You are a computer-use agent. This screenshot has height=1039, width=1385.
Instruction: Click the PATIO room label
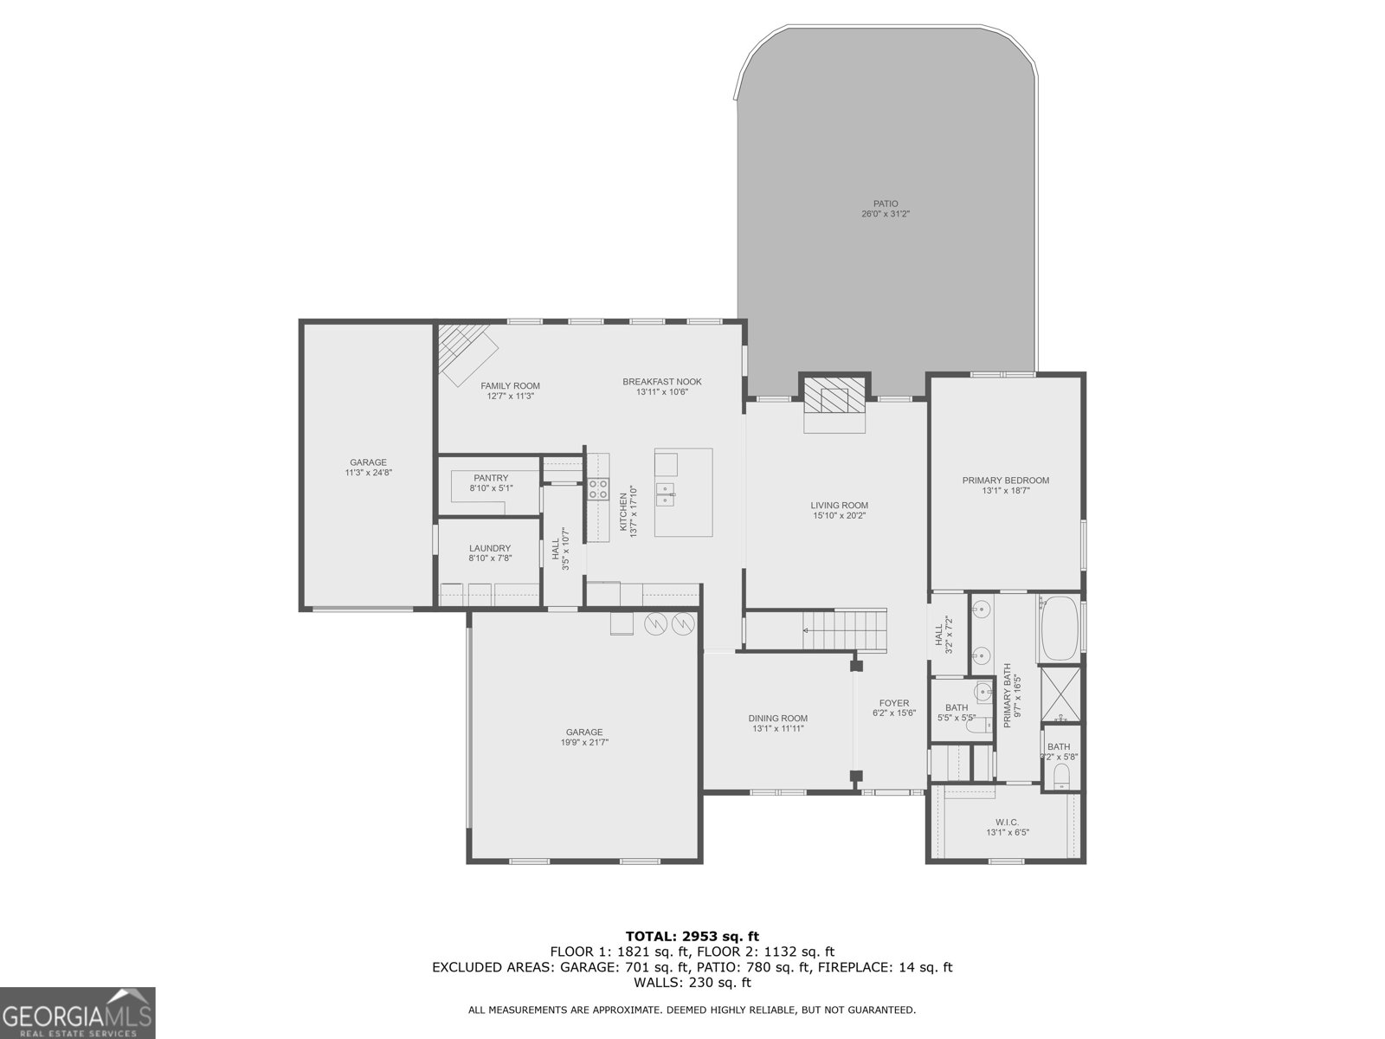[x=885, y=204]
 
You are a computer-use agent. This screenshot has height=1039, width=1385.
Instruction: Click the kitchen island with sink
[x=683, y=493]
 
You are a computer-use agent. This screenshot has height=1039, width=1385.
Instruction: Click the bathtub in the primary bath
[x=1060, y=628]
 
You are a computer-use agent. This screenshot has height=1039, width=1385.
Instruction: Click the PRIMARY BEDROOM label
[x=1005, y=481]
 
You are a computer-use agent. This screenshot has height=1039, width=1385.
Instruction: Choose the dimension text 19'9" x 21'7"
[x=584, y=742]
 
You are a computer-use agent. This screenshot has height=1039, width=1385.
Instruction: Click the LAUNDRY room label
[x=489, y=548]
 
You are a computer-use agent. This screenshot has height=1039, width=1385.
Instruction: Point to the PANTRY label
[x=491, y=478]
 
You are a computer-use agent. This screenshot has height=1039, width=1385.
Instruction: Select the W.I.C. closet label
[x=1007, y=822]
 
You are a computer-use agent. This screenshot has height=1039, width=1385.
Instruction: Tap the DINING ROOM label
[x=777, y=718]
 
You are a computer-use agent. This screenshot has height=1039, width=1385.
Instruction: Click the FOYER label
[x=893, y=703]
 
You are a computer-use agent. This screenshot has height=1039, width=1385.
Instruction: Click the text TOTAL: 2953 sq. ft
[x=692, y=936]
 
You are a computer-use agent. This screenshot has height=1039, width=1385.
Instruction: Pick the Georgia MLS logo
[x=77, y=1012]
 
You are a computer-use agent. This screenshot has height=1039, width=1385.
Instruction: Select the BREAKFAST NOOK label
[x=661, y=381]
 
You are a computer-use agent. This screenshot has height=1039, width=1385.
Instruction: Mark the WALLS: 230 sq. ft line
[x=692, y=983]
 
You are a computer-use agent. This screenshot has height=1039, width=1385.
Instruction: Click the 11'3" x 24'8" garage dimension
[x=368, y=473]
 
